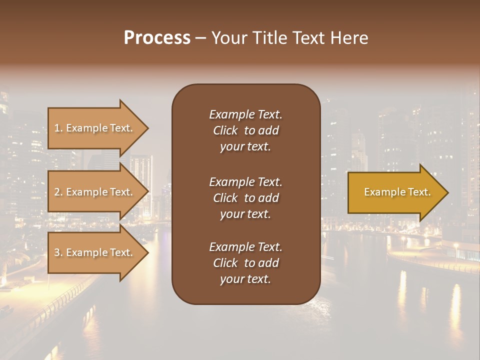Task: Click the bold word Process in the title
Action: (x=157, y=37)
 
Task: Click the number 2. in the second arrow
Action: (x=58, y=192)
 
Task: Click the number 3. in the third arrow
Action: (x=58, y=252)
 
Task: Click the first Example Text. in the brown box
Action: (x=245, y=114)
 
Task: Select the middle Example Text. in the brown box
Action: (x=245, y=181)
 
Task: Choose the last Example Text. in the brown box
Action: (x=245, y=247)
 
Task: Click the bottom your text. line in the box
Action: (x=245, y=279)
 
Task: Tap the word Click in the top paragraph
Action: (x=225, y=130)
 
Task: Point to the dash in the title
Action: (x=201, y=38)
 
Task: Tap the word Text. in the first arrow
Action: (x=121, y=128)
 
